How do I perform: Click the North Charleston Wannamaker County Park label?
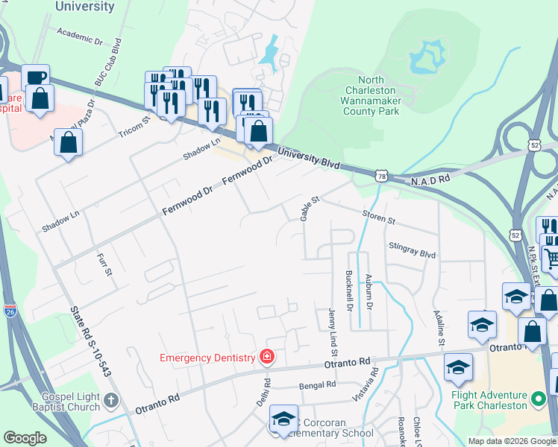370,95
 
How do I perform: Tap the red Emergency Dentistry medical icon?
266,358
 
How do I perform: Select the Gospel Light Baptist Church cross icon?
110,402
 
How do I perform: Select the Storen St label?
378,221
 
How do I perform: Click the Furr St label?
104,264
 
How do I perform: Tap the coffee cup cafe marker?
35,78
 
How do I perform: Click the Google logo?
25,438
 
